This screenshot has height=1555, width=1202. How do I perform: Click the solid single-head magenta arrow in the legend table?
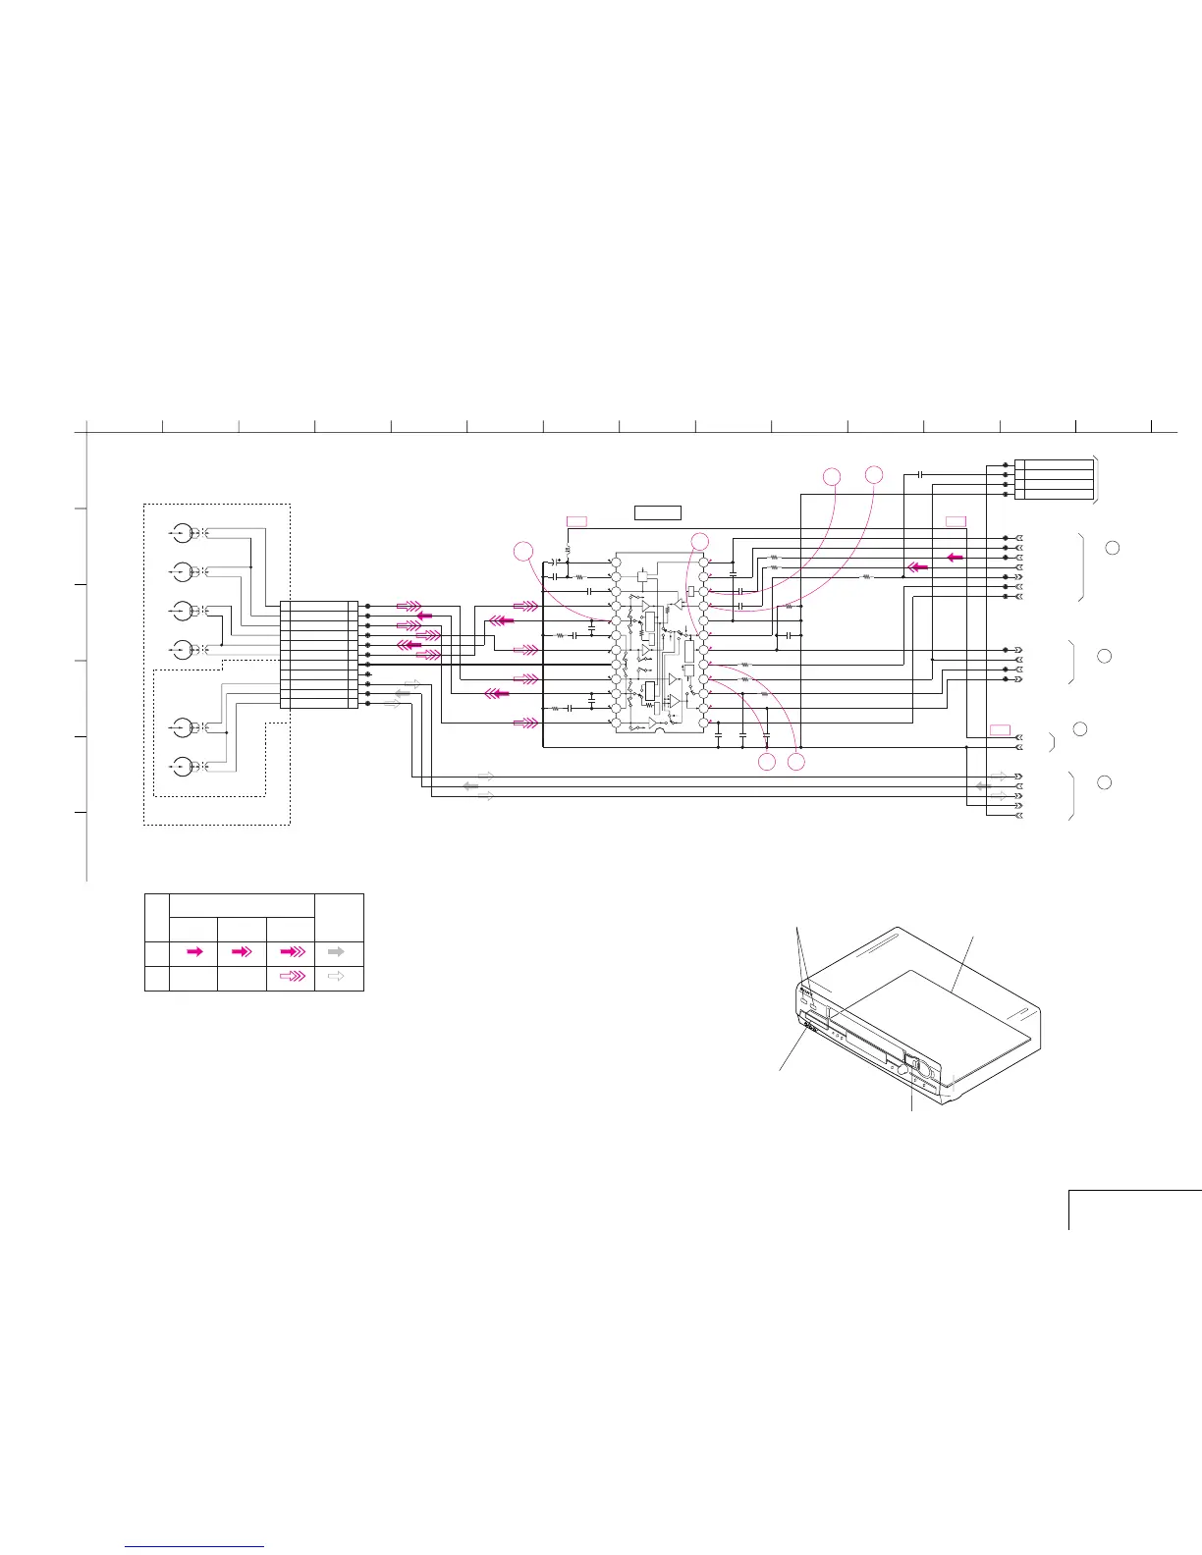point(194,951)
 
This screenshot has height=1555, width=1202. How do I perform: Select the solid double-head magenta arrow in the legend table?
point(241,951)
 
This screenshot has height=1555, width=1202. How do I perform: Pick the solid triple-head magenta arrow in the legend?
point(292,951)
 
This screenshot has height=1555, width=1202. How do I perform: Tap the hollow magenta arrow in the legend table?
point(292,977)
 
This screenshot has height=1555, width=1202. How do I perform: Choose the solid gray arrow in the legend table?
point(336,951)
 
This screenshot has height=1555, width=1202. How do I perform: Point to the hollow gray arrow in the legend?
point(336,977)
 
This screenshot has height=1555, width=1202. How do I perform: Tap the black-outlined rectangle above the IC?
point(658,511)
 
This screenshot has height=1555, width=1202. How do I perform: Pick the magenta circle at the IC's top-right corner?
point(700,540)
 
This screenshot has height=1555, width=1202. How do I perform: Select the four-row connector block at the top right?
point(1054,479)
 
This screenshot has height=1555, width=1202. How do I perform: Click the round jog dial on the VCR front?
point(919,1068)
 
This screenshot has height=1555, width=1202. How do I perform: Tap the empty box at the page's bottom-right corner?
point(1134,1209)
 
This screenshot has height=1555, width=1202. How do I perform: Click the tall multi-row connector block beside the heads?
point(319,654)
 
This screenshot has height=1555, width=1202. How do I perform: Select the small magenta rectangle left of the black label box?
point(576,520)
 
